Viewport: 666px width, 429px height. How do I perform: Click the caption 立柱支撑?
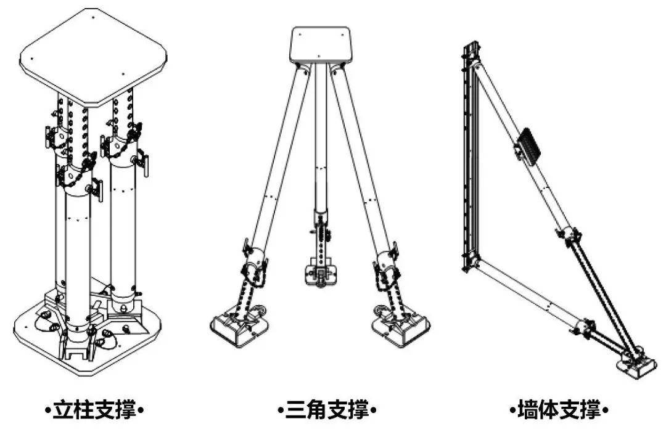point(94,411)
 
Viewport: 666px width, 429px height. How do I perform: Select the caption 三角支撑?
point(327,411)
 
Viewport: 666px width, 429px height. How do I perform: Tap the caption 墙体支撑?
point(559,411)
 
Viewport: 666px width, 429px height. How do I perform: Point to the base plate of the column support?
point(88,335)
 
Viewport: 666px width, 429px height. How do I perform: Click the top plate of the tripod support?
point(321,46)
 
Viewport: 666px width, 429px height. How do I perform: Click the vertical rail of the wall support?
point(469,157)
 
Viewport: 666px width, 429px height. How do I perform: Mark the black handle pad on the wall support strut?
point(529,144)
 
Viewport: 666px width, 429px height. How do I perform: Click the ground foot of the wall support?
point(636,366)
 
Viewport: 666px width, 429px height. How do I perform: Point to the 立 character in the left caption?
point(62,411)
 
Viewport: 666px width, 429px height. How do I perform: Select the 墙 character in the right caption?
point(527,411)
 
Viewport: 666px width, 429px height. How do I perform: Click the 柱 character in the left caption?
point(84,411)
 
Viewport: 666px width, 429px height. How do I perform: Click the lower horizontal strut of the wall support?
point(530,297)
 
